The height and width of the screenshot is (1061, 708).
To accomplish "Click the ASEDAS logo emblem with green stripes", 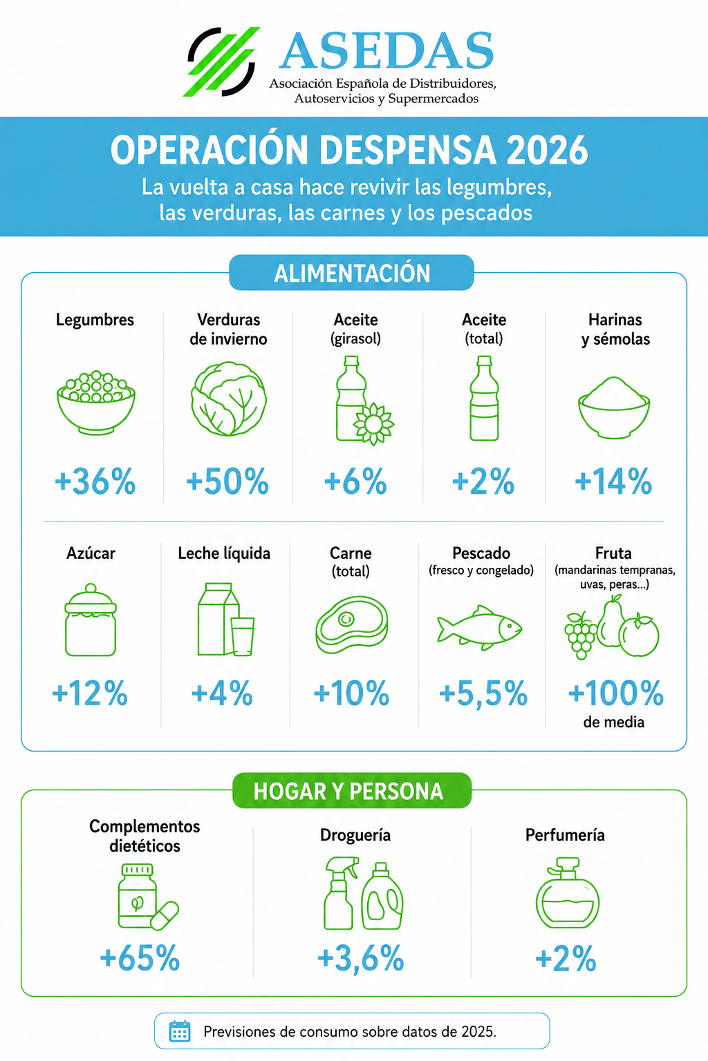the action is coord(222,61).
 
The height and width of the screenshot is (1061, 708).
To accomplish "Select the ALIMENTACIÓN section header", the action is coord(351,273).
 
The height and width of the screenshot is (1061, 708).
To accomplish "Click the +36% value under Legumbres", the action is coord(95,481).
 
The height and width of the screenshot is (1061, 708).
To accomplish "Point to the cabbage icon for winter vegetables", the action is coord(229,399).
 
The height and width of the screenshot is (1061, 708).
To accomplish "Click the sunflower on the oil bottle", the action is coord(374,424).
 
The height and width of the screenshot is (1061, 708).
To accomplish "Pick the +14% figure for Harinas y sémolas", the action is coord(614,481).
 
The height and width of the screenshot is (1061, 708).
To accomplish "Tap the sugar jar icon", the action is coord(91,620).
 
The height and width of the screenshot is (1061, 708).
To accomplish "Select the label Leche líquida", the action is coord(224,553).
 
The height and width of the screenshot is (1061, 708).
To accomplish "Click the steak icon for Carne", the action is coord(352,624).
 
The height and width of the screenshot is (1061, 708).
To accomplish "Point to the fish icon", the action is coord(479,628).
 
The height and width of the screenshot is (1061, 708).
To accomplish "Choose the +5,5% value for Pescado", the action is coord(483,694).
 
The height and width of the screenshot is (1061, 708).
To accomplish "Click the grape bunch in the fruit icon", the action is coord(581,635).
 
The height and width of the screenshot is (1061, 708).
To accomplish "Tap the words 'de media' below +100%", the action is coord(614,723).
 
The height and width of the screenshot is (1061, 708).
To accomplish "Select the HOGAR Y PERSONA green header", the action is coord(352,790).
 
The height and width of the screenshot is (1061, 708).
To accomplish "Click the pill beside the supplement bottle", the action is coord(164,916).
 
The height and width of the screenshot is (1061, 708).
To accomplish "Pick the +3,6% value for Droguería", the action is coord(360,958).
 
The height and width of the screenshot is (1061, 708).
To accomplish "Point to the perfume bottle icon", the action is coord(567,893).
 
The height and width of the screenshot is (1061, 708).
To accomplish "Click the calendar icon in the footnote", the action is coord(180,1031).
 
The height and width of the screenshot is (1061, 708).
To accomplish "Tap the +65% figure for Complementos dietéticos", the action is coord(140,958).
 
